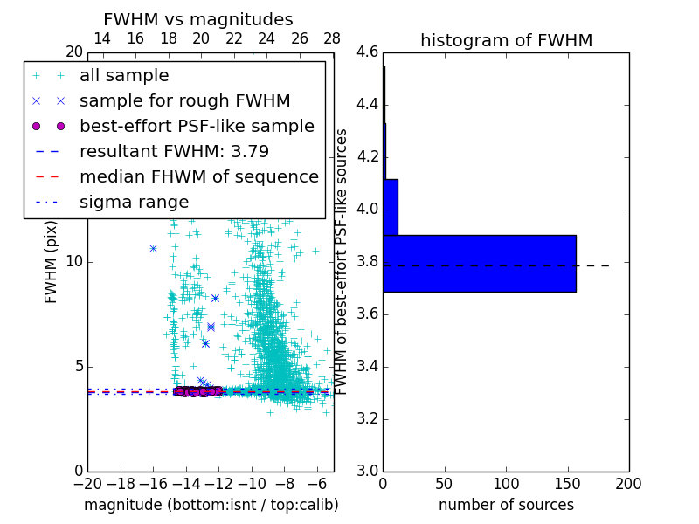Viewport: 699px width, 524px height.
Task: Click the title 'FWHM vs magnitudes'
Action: point(198,19)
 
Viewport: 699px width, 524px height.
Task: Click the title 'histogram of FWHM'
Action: point(506,40)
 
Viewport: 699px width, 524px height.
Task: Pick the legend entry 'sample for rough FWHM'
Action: point(184,101)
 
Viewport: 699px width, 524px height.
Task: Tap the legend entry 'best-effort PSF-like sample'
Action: point(197,127)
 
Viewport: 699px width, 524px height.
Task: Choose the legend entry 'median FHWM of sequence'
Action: point(198,177)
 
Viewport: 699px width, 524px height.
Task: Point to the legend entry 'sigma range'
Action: point(134,203)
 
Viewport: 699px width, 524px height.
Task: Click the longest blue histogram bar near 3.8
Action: point(479,263)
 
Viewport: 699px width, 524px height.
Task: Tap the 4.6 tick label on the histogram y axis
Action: point(367,52)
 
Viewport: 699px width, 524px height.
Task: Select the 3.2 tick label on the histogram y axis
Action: point(367,418)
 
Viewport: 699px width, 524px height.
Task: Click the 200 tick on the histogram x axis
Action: point(628,483)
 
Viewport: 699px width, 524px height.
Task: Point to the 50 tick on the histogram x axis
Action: point(444,483)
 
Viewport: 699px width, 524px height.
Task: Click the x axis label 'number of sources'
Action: point(506,505)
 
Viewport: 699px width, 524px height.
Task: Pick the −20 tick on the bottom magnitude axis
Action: point(87,483)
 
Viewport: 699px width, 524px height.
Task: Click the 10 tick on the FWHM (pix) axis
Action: point(74,262)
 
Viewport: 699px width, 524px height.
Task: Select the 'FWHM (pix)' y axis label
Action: point(52,261)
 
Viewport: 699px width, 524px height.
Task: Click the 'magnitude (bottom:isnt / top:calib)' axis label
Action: point(211,505)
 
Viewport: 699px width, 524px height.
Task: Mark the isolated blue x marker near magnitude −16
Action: point(153,248)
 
